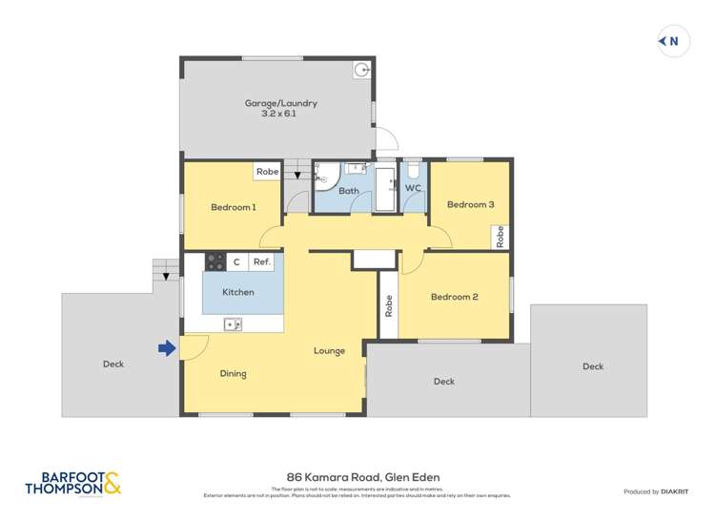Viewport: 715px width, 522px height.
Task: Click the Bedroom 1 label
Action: [x=233, y=207]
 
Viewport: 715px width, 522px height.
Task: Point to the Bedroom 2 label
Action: [x=454, y=297]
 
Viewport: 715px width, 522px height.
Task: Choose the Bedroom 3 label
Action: [x=470, y=204]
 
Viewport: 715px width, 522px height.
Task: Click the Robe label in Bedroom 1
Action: [x=267, y=173]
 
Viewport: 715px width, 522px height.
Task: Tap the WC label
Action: [x=413, y=189]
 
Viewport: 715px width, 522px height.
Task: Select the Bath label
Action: [x=348, y=191]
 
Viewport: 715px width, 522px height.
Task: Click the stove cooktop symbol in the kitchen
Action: [x=214, y=261]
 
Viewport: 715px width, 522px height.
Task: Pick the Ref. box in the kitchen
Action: [x=261, y=261]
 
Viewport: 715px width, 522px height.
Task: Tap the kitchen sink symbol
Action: [x=233, y=324]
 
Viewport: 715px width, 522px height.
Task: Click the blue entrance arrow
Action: [x=167, y=349]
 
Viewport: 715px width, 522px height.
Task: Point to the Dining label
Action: [x=233, y=373]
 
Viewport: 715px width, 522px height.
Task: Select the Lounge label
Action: [x=329, y=351]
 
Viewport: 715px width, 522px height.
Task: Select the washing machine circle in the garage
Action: [x=361, y=70]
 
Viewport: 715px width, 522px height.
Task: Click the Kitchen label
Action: [x=238, y=292]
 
